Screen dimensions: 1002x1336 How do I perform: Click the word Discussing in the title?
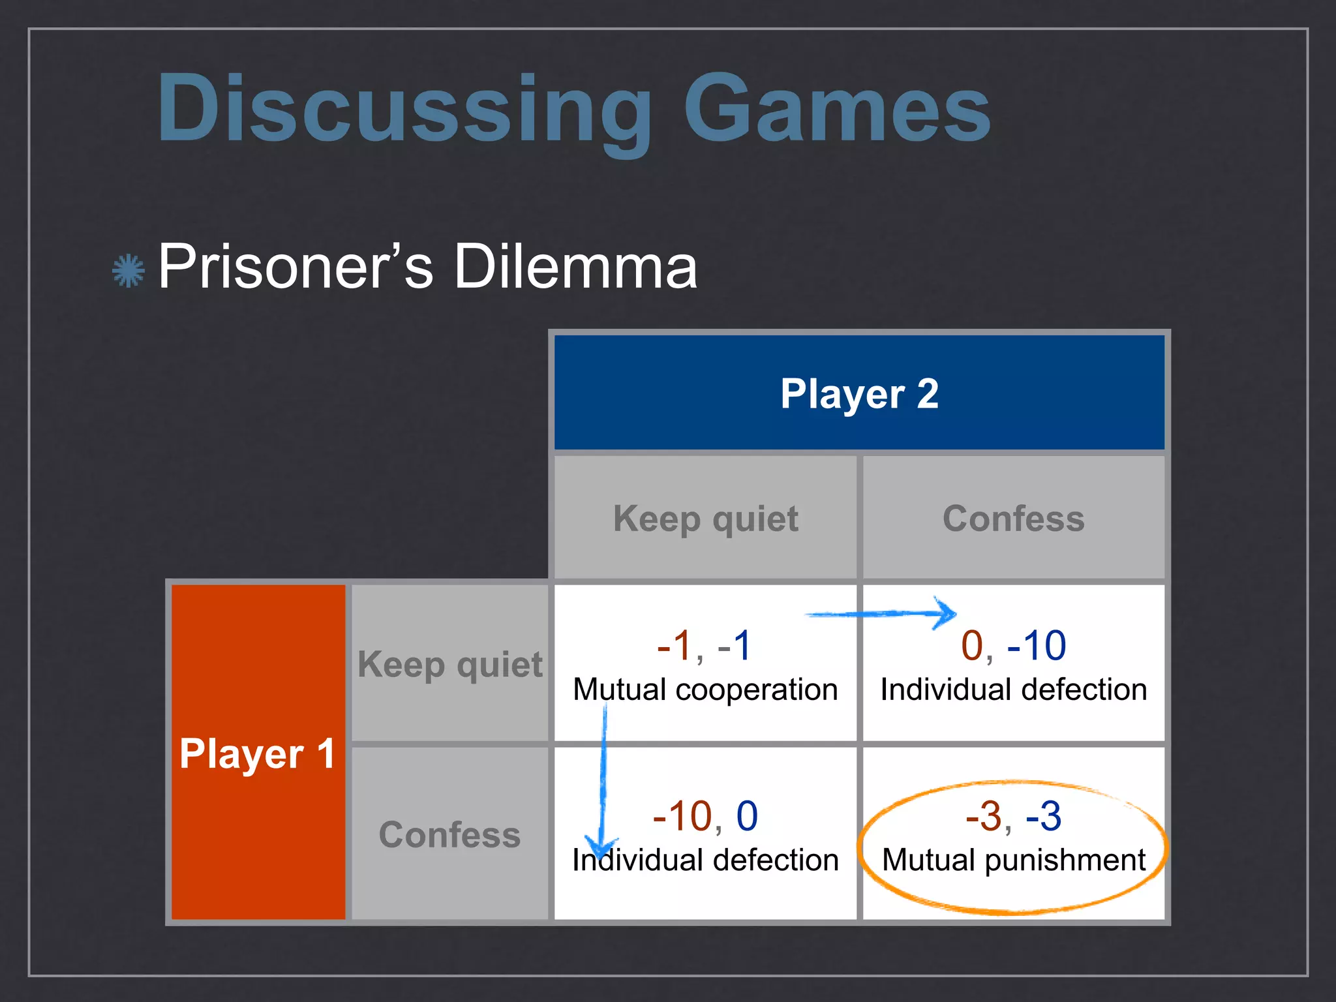tap(404, 110)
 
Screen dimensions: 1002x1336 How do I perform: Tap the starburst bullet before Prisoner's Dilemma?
tap(128, 270)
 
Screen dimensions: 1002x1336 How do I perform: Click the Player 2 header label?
tap(859, 394)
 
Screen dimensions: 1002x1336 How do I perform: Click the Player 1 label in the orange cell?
tap(257, 754)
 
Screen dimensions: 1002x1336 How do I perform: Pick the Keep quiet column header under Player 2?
tap(705, 519)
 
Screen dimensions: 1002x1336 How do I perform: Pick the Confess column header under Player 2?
tap(1013, 519)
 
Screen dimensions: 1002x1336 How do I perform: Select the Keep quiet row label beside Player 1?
tap(449, 665)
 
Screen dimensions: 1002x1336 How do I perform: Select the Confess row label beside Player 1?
tap(449, 835)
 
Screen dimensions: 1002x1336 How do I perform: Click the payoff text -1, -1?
tap(705, 646)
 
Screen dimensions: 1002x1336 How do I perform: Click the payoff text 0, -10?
tap(1013, 646)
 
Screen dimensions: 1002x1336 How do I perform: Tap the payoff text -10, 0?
tap(705, 816)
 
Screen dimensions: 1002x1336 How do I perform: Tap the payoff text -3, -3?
tap(1013, 816)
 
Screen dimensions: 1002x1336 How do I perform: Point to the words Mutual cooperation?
tap(705, 690)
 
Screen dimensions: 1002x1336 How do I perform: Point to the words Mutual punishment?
tap(1013, 860)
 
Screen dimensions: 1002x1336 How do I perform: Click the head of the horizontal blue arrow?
tap(946, 613)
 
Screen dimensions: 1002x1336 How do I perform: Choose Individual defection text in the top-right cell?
tap(1013, 690)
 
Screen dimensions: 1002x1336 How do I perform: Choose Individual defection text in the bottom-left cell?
tap(705, 860)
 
